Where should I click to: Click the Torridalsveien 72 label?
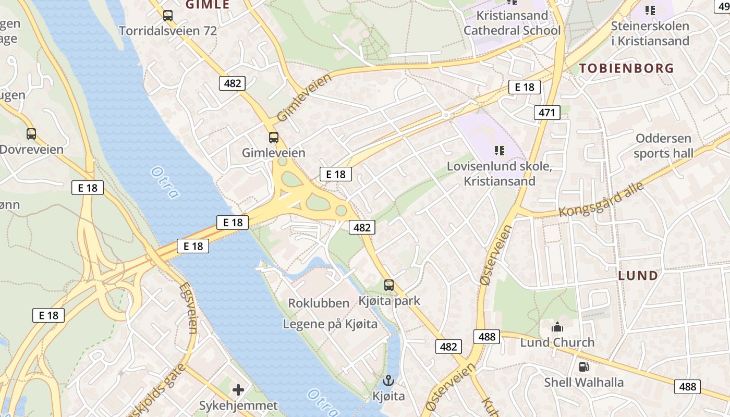[167, 31]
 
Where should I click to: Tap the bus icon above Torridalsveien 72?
[167, 16]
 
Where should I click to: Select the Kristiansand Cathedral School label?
[512, 23]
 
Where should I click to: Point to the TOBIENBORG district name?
[626, 68]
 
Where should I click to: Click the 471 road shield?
[547, 112]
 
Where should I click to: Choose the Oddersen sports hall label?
[663, 146]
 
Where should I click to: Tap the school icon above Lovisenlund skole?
[500, 151]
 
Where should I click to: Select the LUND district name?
[638, 276]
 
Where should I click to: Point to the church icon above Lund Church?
[557, 327]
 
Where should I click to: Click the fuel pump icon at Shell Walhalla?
[583, 367]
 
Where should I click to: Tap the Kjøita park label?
[389, 301]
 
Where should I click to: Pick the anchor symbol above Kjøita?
[388, 381]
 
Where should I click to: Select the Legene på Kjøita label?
[330, 324]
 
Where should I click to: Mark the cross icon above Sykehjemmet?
[238, 389]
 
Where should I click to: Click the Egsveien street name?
[188, 308]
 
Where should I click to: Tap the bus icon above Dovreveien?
[31, 134]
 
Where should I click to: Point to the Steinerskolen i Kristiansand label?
[650, 33]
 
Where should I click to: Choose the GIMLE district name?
[208, 5]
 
